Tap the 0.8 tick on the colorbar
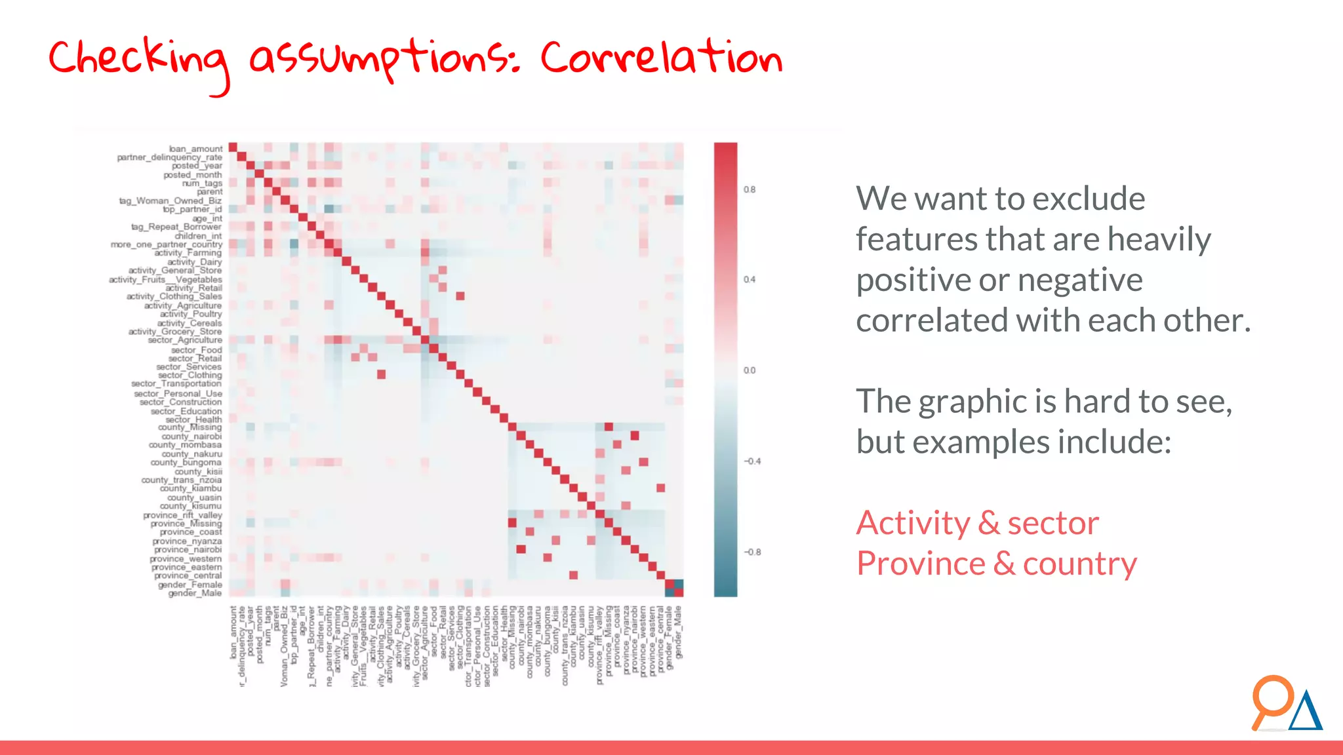tap(750, 189)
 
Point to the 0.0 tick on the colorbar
tap(750, 370)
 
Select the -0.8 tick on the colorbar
tap(752, 552)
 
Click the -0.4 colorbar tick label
tap(752, 461)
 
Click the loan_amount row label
tap(195, 149)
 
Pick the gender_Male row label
tap(195, 593)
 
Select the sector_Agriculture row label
tap(185, 340)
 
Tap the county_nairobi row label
tap(191, 436)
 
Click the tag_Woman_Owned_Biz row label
tap(170, 201)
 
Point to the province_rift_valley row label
tap(183, 515)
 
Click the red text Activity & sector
tap(977, 523)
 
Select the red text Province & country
tap(996, 564)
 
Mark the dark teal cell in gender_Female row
tap(679, 584)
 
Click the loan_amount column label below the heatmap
tap(233, 632)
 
